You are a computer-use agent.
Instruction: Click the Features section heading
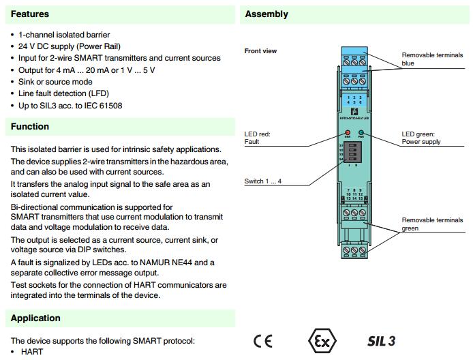[30, 14]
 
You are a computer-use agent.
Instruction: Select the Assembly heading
[266, 14]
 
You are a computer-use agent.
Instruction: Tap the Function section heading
[30, 126]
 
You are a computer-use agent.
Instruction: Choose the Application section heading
[35, 318]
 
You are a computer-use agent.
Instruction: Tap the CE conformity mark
[263, 340]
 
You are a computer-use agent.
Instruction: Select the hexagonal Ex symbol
[321, 340]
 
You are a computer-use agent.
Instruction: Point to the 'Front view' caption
[260, 51]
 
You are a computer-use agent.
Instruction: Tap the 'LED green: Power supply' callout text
[421, 138]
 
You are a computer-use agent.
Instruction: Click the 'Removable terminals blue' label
[428, 59]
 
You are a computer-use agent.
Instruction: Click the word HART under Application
[31, 351]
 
